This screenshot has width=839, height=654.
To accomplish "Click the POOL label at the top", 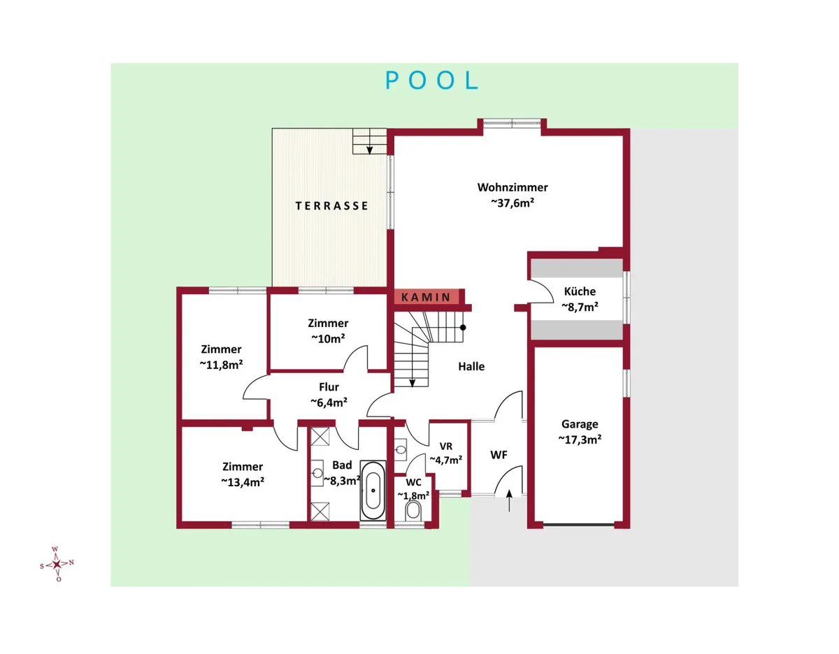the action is tap(431, 80).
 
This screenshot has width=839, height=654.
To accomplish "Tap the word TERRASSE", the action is tap(331, 206).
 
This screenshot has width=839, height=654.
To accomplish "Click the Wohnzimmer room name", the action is tap(512, 187).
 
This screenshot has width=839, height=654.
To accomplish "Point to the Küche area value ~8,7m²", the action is tap(580, 307).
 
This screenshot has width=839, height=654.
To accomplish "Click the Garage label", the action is tap(580, 424).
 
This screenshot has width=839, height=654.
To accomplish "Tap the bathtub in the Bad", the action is tap(373, 490).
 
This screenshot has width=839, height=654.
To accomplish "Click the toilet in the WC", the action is tap(413, 511).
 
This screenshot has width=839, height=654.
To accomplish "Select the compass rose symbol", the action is tap(57, 564).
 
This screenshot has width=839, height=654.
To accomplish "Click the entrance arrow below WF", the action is tap(509, 501).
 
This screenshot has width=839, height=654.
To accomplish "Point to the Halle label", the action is tap(471, 367).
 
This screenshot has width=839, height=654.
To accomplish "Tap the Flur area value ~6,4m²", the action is tap(329, 403).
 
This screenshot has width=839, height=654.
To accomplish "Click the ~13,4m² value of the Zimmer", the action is tap(243, 482).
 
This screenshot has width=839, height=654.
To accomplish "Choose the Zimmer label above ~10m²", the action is tap(328, 323).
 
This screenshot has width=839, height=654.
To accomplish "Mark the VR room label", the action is tap(445, 446).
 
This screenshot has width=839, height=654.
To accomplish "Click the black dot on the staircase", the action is tap(463, 328).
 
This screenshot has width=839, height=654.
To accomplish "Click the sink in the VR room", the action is tap(401, 450).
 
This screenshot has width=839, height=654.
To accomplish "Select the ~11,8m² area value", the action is tap(221, 365).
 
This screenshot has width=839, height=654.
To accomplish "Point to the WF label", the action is tap(499, 455).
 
